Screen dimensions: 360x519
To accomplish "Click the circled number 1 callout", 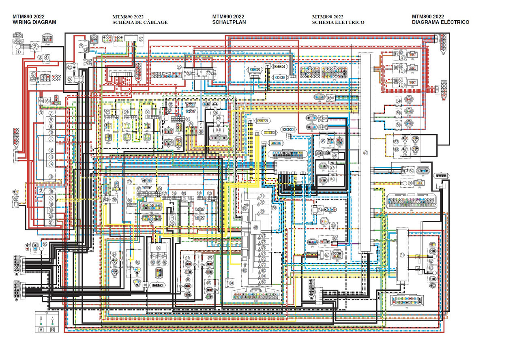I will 18,52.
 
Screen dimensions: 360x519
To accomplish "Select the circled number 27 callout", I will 141,39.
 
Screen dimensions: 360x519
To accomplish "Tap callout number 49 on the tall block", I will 365,153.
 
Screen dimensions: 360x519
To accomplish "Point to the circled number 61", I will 402,255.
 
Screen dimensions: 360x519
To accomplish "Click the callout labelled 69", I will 256,227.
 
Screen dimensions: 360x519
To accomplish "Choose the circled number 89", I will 159,248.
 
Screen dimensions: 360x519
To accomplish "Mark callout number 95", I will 45,244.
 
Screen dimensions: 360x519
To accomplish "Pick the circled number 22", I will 16,199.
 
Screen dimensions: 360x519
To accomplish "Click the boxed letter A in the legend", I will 41,329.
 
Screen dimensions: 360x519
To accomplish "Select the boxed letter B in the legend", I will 52,329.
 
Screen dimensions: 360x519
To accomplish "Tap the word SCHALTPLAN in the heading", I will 229,22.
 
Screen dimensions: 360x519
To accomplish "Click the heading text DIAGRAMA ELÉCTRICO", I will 441,22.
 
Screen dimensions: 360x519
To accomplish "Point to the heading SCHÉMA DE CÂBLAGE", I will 140,22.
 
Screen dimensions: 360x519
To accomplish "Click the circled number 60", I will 410,183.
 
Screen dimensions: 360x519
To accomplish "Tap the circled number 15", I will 51,176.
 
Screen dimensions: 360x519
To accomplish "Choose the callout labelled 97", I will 130,182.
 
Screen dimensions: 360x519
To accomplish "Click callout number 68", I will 274,208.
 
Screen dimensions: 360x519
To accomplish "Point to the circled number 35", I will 179,67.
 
